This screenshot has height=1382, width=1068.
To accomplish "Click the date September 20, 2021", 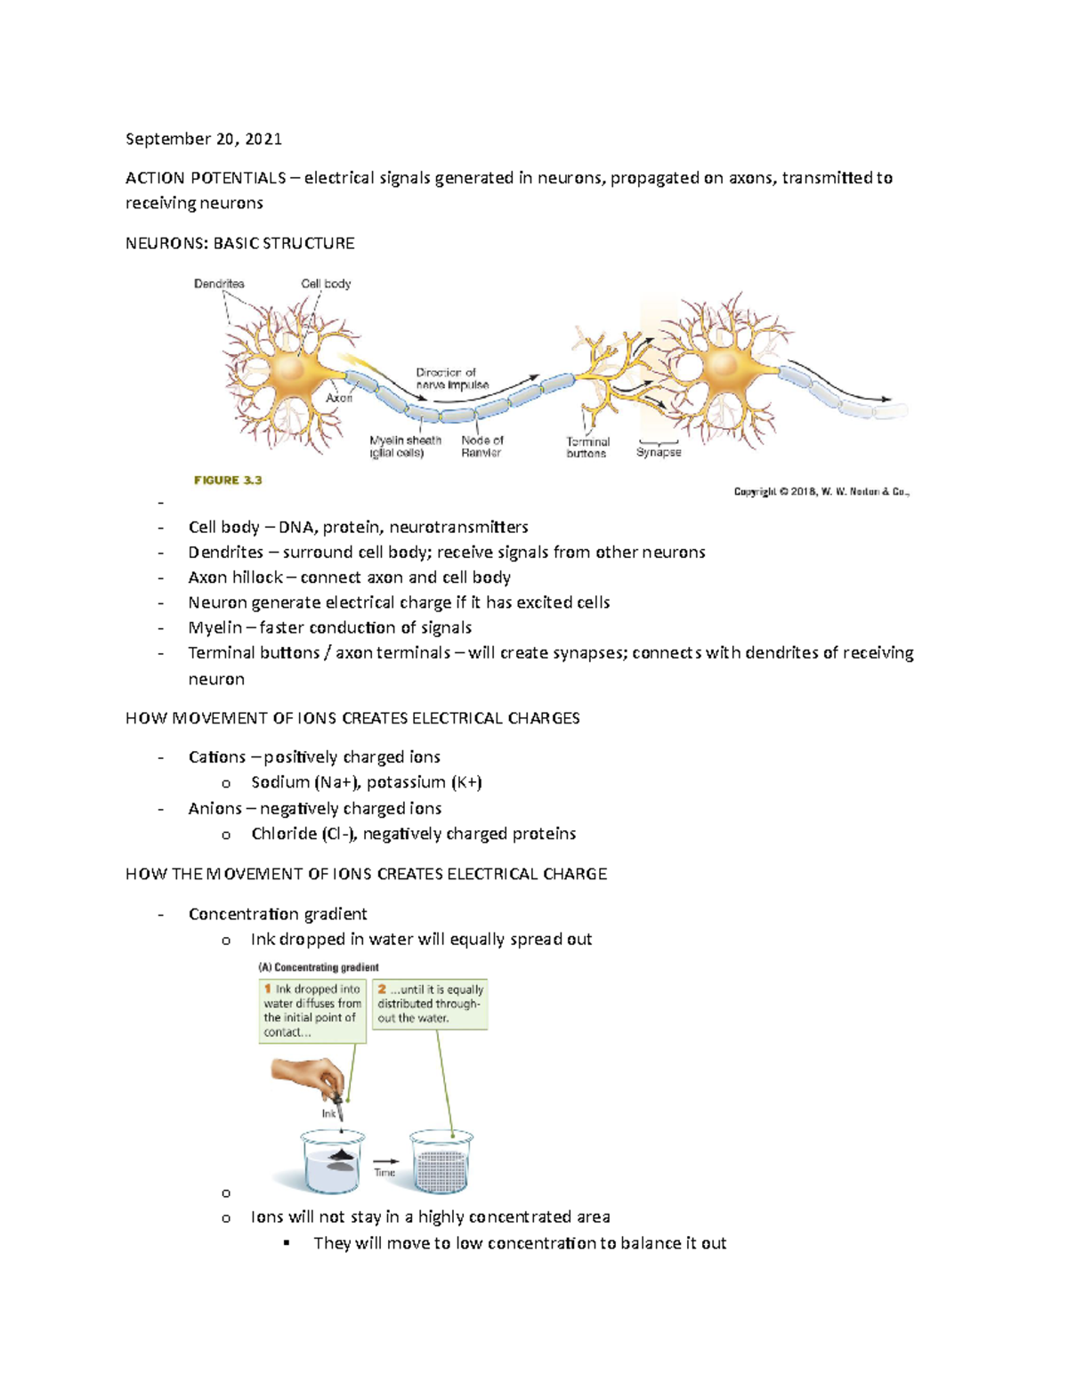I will click(x=204, y=139).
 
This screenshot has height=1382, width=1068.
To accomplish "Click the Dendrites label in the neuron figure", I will click(x=219, y=284).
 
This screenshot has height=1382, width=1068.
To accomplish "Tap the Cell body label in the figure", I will click(x=326, y=284).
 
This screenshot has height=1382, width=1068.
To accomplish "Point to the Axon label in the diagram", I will click(x=339, y=398).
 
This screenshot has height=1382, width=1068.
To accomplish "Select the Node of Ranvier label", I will click(x=481, y=447).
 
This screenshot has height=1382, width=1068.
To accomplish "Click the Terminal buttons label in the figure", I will click(x=587, y=448).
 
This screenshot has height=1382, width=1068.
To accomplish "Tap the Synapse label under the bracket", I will click(x=659, y=453).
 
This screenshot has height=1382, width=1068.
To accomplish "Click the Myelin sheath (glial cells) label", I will click(x=406, y=447).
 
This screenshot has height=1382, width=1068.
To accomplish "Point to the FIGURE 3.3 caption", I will click(x=228, y=481).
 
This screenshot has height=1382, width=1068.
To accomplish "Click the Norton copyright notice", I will click(x=821, y=491).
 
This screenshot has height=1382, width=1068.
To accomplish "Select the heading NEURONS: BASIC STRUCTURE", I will click(x=240, y=243).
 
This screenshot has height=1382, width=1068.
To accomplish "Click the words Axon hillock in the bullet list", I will click(x=235, y=578).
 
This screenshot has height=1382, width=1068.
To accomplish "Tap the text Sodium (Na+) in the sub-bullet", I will click(x=305, y=782).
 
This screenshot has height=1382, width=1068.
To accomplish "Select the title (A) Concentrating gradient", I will click(x=319, y=967).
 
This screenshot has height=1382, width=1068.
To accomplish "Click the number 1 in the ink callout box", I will click(x=267, y=989).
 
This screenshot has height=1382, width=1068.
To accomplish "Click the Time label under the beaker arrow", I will click(x=384, y=1173).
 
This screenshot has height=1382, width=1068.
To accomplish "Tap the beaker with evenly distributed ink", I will click(x=441, y=1161).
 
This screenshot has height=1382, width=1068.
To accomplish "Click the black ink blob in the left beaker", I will click(x=340, y=1156).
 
